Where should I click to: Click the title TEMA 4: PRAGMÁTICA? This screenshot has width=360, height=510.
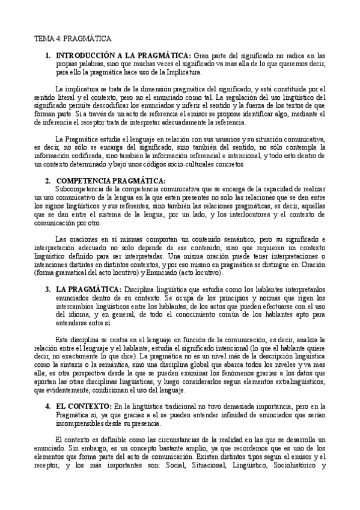point(73,39)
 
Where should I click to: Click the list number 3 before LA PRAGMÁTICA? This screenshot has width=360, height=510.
point(48,289)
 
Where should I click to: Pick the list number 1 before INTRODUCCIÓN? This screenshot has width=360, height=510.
point(48,56)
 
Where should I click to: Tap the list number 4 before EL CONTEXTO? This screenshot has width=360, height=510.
point(48,406)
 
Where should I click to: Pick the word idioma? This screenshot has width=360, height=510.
point(81,314)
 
